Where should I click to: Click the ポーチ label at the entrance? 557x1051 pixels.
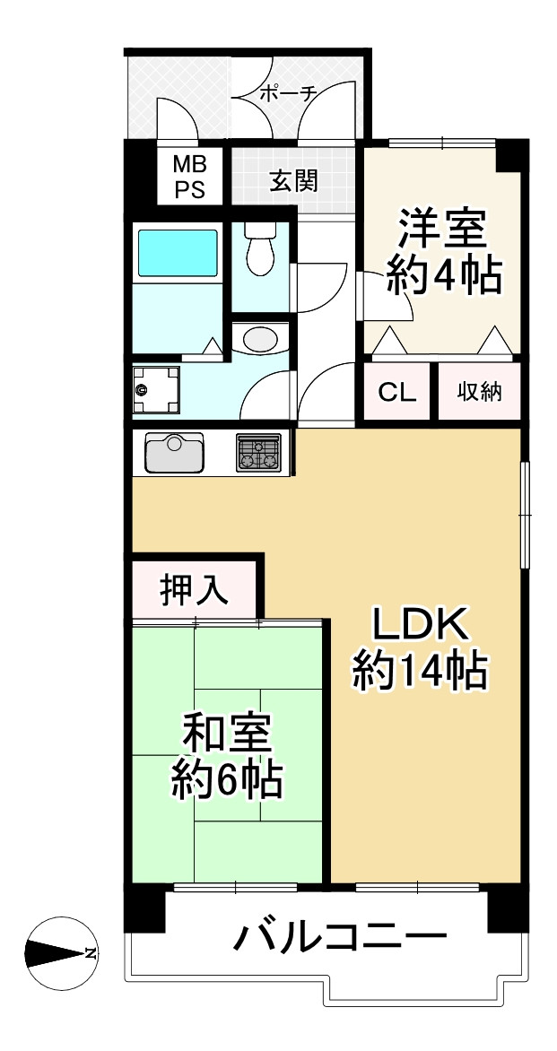(286, 92)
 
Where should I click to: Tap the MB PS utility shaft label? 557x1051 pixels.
(189, 177)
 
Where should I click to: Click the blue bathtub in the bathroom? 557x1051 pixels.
(177, 253)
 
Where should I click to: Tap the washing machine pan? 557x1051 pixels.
(156, 389)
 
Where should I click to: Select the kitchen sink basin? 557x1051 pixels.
(174, 453)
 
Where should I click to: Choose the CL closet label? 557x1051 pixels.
(396, 392)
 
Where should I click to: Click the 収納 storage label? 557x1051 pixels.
(479, 392)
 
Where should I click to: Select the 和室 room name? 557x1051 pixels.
(227, 735)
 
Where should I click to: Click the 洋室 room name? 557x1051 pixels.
(442, 230)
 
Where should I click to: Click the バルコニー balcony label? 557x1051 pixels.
(340, 939)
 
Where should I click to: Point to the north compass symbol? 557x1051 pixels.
(60, 952)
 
